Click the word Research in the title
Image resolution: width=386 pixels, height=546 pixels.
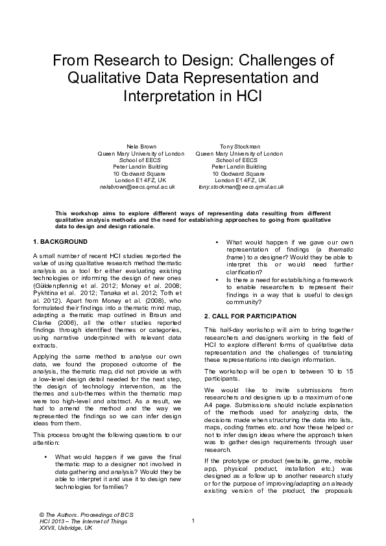123,62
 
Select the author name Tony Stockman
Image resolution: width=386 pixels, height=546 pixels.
239,147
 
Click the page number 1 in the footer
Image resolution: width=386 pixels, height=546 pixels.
193,521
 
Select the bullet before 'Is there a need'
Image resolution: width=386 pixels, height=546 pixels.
217,279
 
